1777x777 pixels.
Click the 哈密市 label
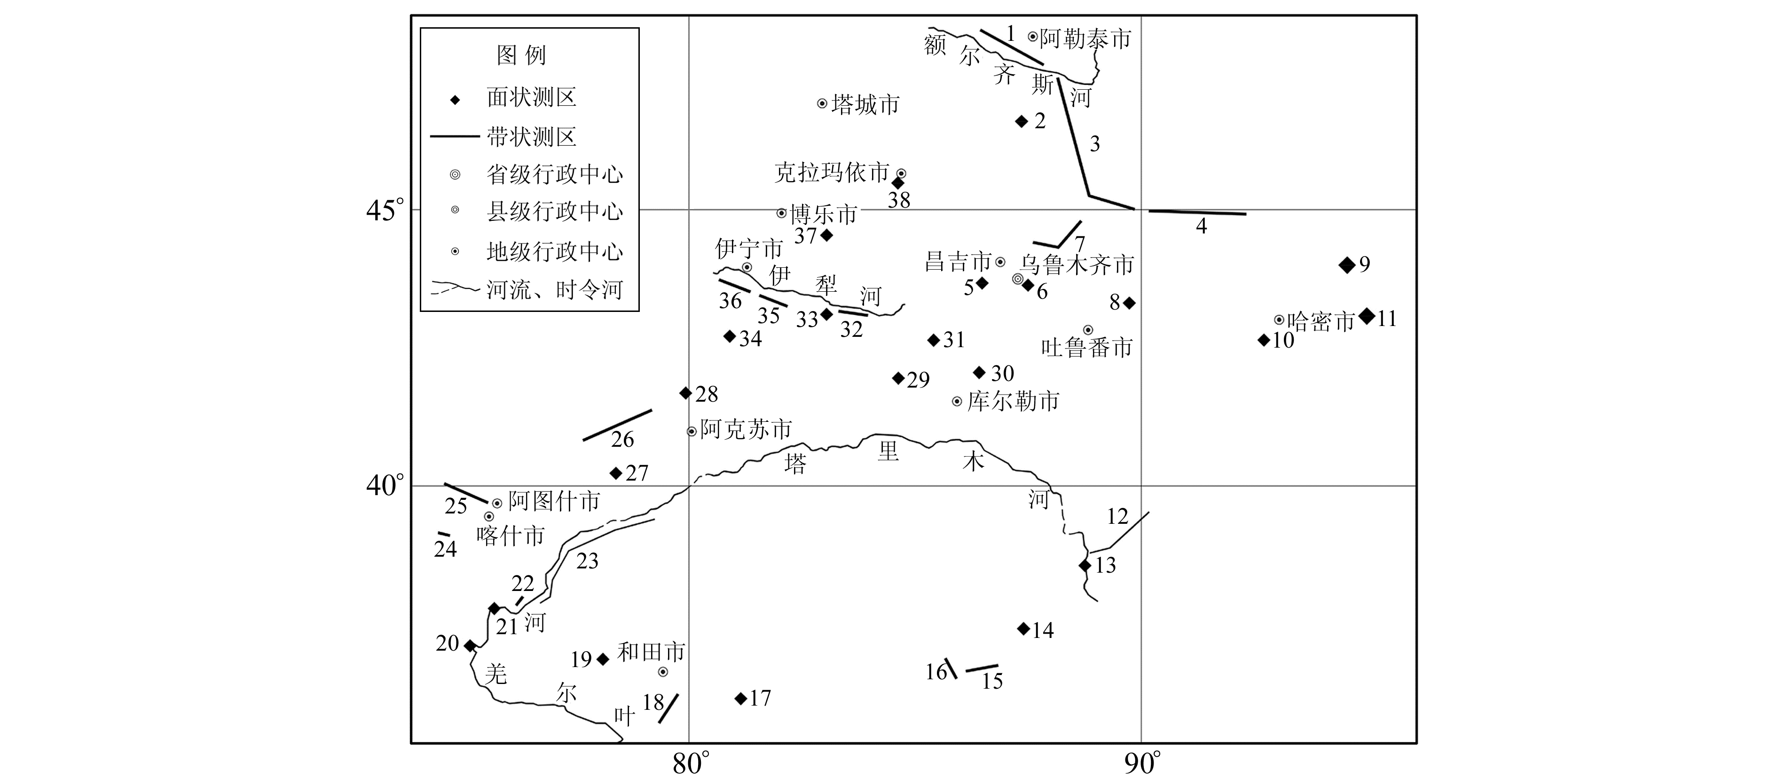(1321, 322)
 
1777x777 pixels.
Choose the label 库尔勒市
(1013, 401)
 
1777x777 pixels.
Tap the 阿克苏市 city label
(746, 429)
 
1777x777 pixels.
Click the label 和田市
(651, 652)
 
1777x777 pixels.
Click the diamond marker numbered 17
(741, 699)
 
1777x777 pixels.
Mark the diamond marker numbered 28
(685, 393)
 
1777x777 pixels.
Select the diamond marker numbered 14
(1024, 629)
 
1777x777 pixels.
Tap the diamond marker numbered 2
(1022, 121)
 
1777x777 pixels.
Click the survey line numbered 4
(1197, 212)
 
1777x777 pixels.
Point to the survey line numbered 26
(617, 425)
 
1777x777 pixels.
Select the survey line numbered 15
(982, 668)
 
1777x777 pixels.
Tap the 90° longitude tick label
(1142, 762)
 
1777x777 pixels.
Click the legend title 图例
(521, 55)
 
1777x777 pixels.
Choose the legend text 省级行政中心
(554, 174)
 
